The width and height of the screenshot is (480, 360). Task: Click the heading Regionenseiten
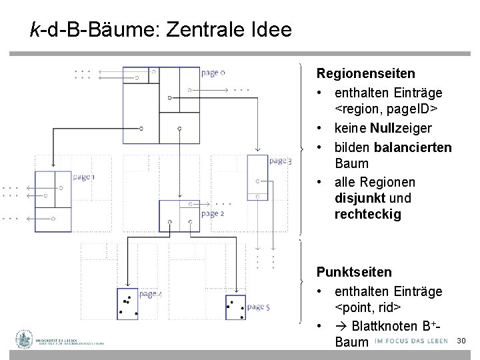365,73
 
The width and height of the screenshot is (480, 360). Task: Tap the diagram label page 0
213,73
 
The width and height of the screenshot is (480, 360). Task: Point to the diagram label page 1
83,177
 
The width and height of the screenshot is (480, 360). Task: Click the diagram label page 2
213,213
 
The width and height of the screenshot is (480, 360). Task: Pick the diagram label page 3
280,161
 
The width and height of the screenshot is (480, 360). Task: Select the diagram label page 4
150,294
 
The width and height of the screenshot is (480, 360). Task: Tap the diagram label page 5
258,307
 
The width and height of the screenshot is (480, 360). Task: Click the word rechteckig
368,214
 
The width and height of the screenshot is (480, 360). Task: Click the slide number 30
461,341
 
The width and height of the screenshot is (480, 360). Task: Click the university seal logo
25,339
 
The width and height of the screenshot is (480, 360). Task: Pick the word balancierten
413,147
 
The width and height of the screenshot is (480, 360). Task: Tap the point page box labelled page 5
235,307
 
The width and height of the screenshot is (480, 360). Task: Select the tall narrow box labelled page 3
257,177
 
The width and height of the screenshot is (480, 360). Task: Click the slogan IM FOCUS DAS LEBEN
410,342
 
